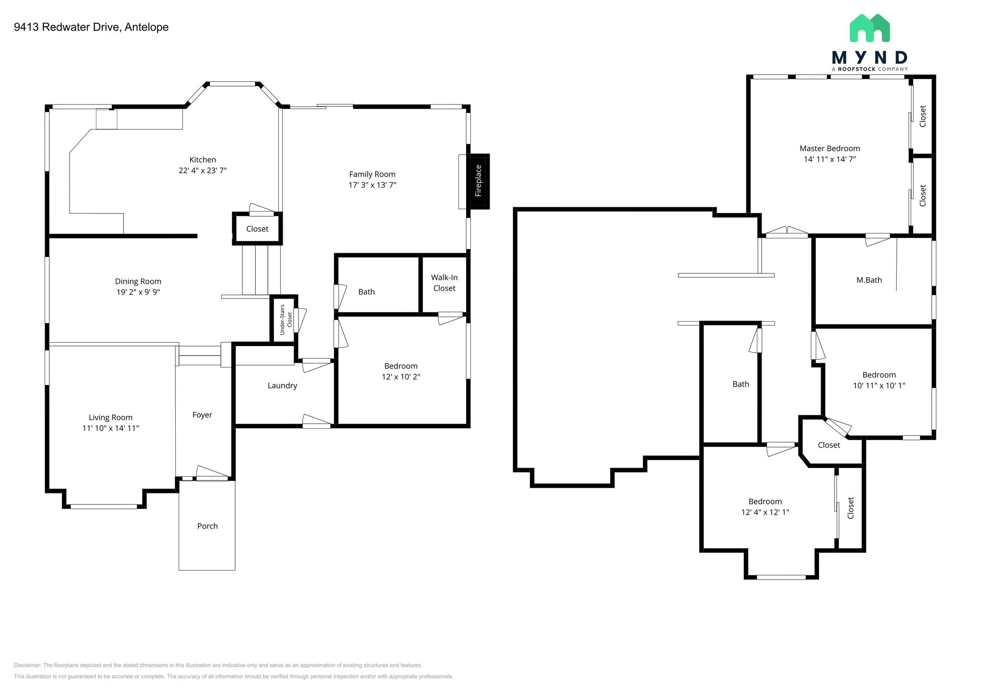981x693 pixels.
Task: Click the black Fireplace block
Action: coord(479,181)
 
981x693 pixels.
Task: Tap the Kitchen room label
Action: coord(203,160)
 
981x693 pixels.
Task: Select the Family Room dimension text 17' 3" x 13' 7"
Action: coord(372,185)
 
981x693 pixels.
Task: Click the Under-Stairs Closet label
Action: coord(285,320)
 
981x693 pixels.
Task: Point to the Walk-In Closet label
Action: coord(444,283)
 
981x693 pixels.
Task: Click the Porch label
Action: coord(207,526)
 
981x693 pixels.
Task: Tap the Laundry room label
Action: coord(282,386)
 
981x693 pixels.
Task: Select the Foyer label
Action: coord(202,415)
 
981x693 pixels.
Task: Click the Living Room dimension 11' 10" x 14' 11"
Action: coord(111,428)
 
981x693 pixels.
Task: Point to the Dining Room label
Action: coord(138,281)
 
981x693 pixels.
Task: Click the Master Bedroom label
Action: coord(830,148)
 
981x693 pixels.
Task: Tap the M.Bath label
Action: coord(869,280)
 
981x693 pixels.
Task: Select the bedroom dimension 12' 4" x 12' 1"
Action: coord(765,512)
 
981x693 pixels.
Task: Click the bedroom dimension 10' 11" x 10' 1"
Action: coord(879,385)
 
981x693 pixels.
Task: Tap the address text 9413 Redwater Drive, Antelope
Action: coord(91,27)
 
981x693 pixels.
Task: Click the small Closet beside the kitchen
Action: coord(257,229)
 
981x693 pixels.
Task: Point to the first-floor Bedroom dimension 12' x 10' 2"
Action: coord(401,377)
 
